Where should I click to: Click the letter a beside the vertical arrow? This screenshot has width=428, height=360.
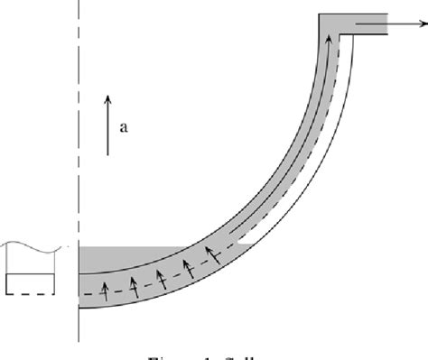(124, 127)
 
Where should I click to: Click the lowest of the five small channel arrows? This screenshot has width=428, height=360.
(107, 289)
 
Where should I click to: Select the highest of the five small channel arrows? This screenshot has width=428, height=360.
(211, 251)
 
